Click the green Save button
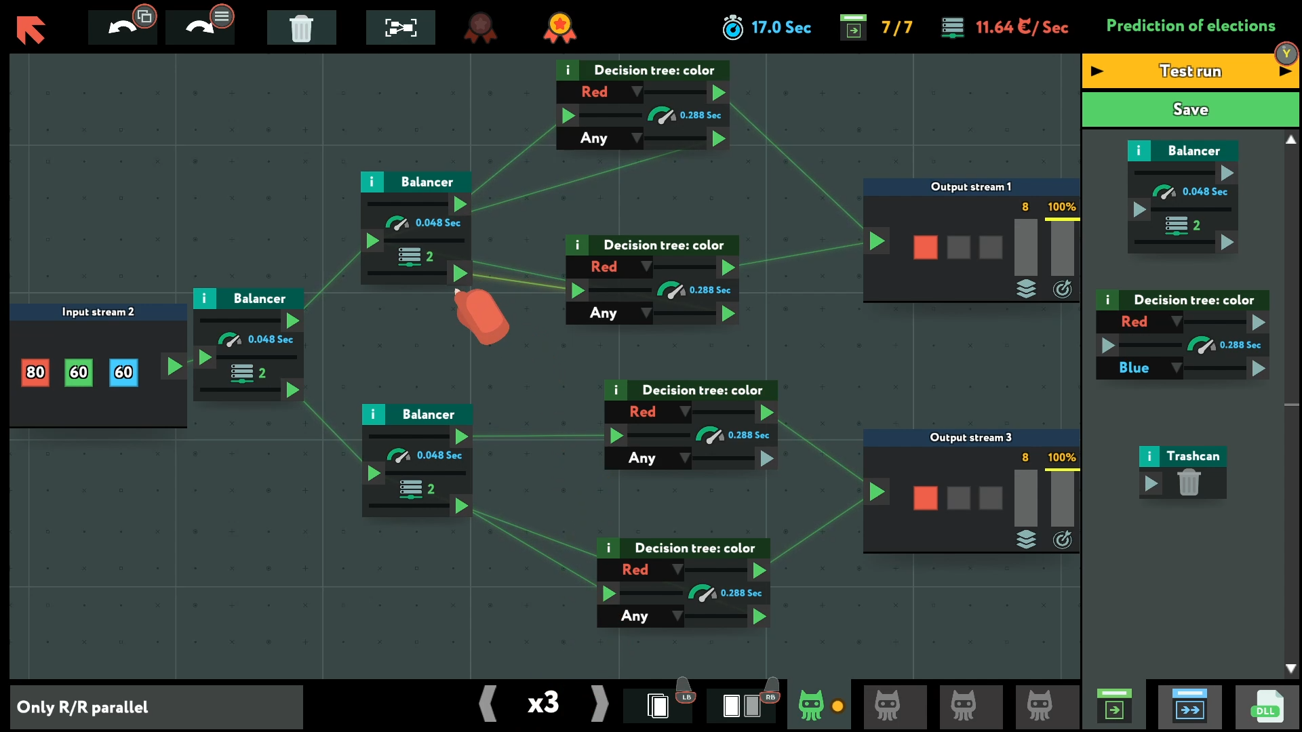click(x=1189, y=109)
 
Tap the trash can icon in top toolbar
click(x=301, y=28)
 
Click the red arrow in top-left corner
click(x=31, y=29)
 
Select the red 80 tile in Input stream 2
click(x=35, y=372)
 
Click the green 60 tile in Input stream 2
click(x=79, y=372)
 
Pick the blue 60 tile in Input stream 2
click(x=123, y=372)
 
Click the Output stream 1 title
click(x=970, y=186)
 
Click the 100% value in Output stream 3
click(x=1061, y=457)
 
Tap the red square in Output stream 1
click(x=925, y=247)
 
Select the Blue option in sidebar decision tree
click(x=1134, y=367)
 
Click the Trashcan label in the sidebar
click(x=1192, y=456)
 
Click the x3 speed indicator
click(x=543, y=703)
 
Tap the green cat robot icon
click(x=811, y=705)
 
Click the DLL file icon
click(x=1266, y=706)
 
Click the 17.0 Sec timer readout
click(x=781, y=28)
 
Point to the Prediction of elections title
click(x=1190, y=26)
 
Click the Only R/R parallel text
click(x=82, y=707)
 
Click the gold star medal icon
click(x=559, y=28)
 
